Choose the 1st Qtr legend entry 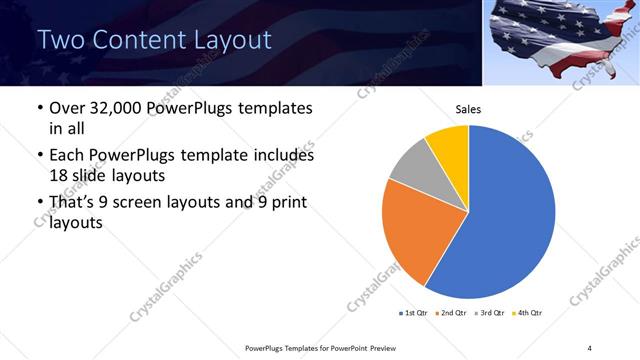(414, 313)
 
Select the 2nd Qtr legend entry (450, 313)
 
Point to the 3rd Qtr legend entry (488, 313)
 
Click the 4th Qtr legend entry (526, 313)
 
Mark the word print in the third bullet (286, 203)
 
